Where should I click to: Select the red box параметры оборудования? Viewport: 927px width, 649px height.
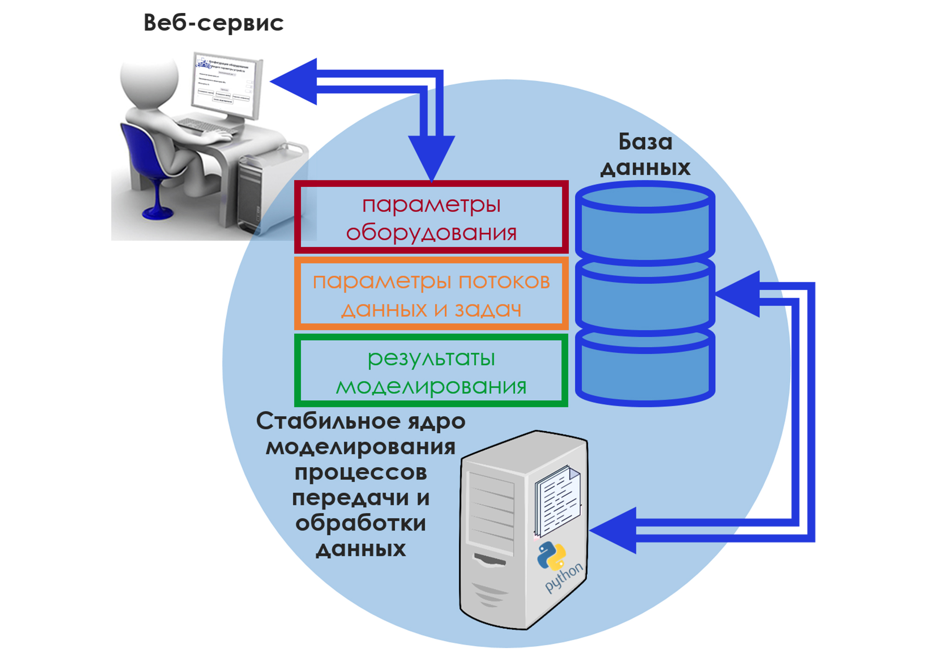[431, 217]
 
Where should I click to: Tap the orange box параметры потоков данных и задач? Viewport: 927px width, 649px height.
[431, 294]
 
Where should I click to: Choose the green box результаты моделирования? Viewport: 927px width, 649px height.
[431, 371]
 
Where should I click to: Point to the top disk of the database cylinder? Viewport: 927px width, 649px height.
[645, 223]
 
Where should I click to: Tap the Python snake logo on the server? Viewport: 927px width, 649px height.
[552, 555]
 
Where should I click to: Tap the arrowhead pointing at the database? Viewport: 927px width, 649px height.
[739, 294]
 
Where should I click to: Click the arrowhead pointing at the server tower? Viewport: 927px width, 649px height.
[614, 530]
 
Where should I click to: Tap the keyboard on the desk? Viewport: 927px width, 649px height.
[204, 124]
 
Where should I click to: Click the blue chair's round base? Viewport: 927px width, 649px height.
[158, 213]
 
